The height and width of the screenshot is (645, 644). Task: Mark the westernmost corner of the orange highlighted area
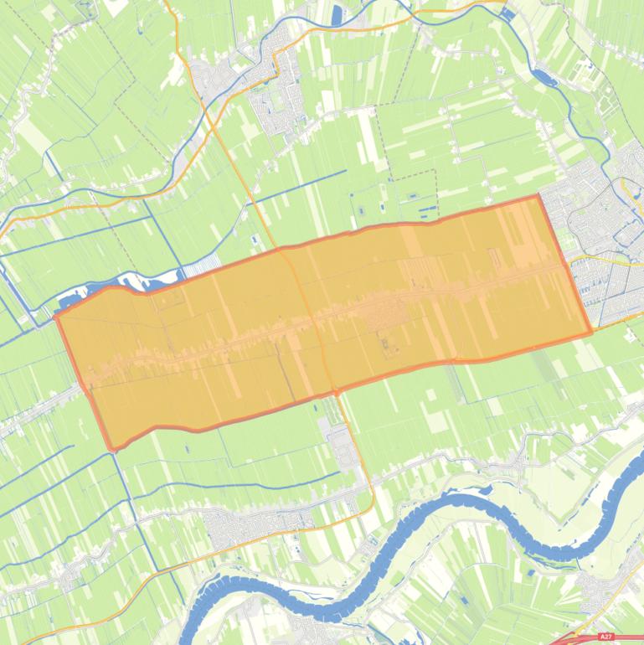pyautogui.click(x=56, y=317)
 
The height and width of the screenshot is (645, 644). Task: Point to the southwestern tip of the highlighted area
pyautogui.click(x=111, y=449)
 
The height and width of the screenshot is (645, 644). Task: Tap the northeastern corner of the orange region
pyautogui.click(x=538, y=196)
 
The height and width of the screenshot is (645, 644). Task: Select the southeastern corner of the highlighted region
pyautogui.click(x=591, y=333)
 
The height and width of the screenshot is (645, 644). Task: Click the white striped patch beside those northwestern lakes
pyautogui.click(x=201, y=267)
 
